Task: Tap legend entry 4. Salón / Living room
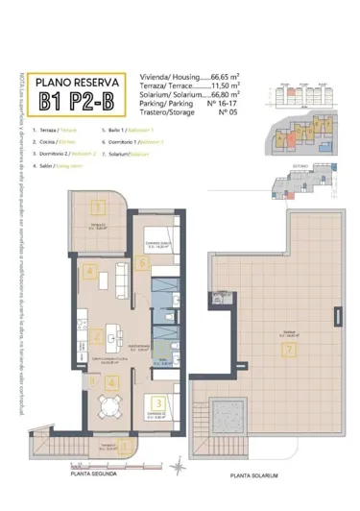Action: tap(55, 164)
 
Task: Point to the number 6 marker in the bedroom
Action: tap(142, 263)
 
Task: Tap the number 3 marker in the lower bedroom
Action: tap(156, 405)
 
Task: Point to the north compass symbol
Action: tap(177, 467)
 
